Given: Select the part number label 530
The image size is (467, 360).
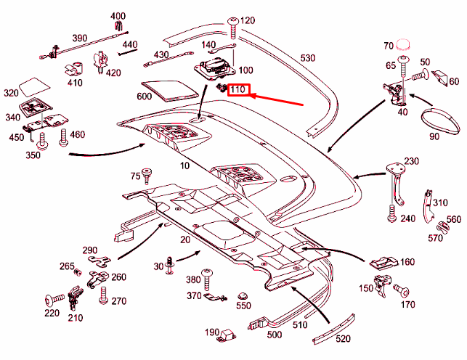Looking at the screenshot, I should click(x=308, y=57).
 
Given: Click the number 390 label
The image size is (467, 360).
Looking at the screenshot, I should click(x=79, y=38).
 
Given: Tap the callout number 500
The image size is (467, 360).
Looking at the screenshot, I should click(x=275, y=335).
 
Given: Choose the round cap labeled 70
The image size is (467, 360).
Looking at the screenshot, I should click(x=403, y=48).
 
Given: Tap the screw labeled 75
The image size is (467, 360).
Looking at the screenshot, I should click(x=148, y=174).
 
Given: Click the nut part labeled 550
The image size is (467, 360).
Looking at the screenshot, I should click(x=244, y=298).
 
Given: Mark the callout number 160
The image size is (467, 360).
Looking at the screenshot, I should click(x=407, y=262).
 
